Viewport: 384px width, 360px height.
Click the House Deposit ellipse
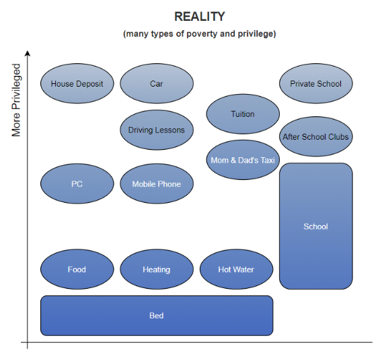coord(77,84)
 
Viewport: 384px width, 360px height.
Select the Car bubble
coord(156,84)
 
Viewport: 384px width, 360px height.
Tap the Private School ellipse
coord(315,84)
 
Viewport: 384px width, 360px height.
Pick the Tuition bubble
coord(242,114)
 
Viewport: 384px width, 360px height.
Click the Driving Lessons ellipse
coord(156,130)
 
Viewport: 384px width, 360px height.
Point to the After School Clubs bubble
coord(315,137)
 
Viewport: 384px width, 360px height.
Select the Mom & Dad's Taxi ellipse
coord(242,161)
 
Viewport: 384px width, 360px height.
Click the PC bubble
coord(77,184)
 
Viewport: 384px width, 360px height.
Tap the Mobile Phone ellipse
coord(156,184)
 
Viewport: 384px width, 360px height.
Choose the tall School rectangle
coord(315,226)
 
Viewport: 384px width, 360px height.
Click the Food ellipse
coord(77,269)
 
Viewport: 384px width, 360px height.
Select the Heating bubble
coord(156,269)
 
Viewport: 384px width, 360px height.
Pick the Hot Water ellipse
coord(236,269)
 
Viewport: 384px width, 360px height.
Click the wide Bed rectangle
coord(156,316)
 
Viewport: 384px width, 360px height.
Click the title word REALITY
coord(200,17)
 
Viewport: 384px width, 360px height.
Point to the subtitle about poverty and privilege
coord(200,34)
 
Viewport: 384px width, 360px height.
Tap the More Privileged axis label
coord(17,101)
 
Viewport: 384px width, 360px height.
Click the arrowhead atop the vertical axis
coord(28,52)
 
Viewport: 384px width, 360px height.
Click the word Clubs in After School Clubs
coord(338,137)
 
